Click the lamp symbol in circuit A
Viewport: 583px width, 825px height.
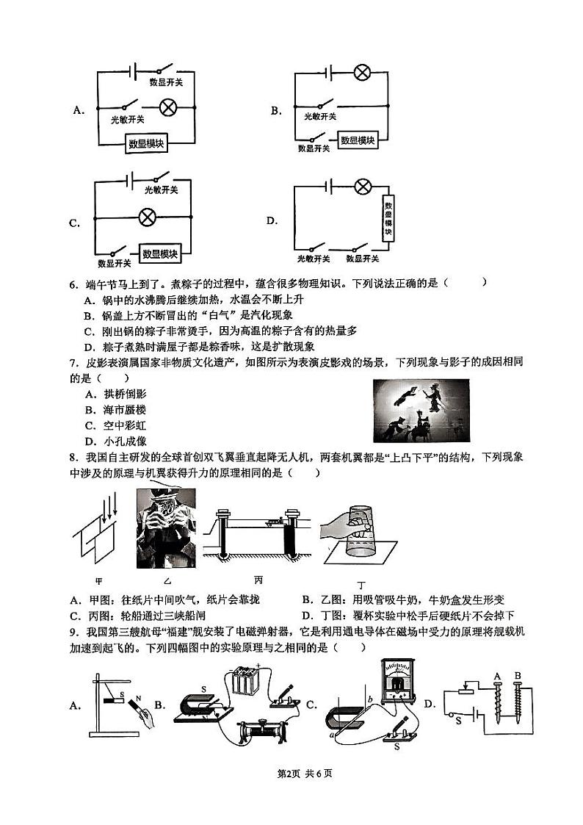(x=167, y=107)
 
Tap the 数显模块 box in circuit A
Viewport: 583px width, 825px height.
(x=146, y=144)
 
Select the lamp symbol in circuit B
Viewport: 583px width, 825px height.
(x=361, y=73)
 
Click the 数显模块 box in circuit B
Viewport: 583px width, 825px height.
(x=358, y=140)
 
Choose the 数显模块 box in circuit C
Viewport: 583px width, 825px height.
(x=161, y=253)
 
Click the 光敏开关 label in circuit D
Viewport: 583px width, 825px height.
(x=314, y=259)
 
